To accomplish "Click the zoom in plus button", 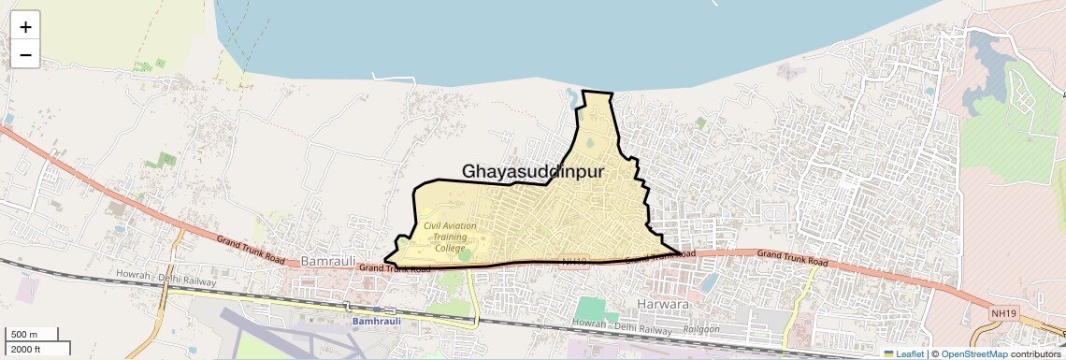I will pos(25,27).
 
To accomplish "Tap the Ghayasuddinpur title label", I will pos(533,172).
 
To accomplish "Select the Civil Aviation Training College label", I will pos(450,237).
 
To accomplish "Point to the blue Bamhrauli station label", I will pos(381,321).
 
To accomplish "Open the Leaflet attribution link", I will pos(903,353).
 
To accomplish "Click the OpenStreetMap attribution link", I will pos(973,353).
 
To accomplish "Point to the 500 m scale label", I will pos(23,334).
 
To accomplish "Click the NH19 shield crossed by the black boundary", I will pos(576,263).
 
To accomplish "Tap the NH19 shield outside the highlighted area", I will pos(1004,308).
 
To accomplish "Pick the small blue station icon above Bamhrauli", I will pos(376,309).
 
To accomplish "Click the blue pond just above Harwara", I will pos(710,281).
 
